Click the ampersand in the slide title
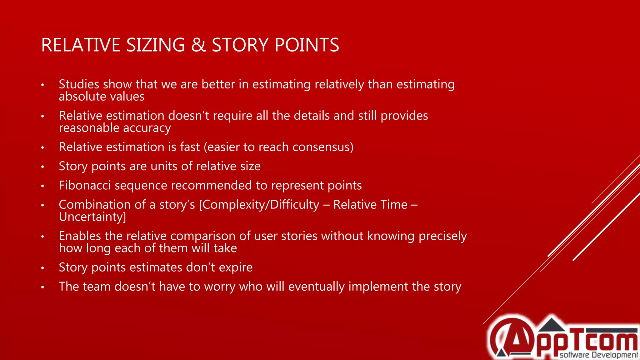click(x=198, y=45)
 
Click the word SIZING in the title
click(x=155, y=45)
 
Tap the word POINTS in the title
click(x=307, y=45)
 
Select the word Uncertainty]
click(x=92, y=217)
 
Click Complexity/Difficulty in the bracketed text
click(x=259, y=205)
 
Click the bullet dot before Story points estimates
click(x=43, y=268)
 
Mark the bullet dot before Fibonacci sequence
click(x=43, y=186)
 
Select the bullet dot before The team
click(x=43, y=287)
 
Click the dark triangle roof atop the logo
click(x=552, y=325)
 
